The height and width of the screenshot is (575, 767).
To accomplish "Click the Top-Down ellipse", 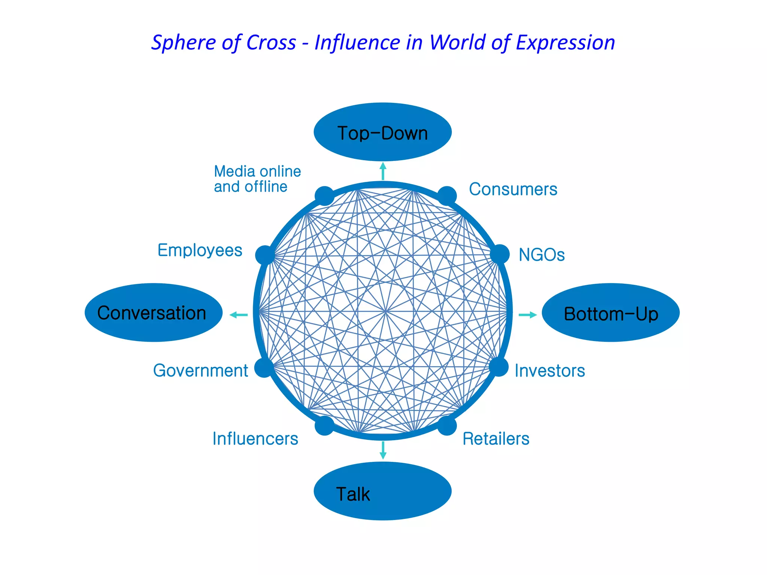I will click(382, 132).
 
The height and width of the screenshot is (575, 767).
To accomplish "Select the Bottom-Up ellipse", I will click(610, 313).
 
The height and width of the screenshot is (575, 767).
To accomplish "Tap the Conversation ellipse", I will click(154, 313).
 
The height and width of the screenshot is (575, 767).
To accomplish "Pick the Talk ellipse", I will click(382, 491).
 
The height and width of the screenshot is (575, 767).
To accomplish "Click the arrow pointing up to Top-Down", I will click(383, 171).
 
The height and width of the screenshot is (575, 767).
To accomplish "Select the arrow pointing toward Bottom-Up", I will click(527, 315).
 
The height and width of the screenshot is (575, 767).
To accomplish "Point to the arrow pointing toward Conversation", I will click(239, 315).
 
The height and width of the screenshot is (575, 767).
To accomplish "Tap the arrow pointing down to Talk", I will click(383, 450).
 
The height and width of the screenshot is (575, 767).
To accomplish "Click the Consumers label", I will click(513, 189).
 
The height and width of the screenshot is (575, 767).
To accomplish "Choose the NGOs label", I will click(541, 255).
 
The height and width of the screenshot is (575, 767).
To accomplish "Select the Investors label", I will click(549, 371).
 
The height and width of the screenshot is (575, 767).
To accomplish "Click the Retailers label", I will click(496, 439).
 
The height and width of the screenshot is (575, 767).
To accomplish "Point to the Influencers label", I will click(255, 439).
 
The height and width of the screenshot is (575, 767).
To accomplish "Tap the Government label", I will click(200, 371).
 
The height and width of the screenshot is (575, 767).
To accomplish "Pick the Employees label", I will click(200, 250).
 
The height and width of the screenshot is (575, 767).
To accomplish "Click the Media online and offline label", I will click(257, 179).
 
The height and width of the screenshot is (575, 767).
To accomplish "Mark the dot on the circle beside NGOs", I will click(500, 254).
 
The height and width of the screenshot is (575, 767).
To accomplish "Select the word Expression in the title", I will click(565, 43).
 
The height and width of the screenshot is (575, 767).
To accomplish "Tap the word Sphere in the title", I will click(179, 43).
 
